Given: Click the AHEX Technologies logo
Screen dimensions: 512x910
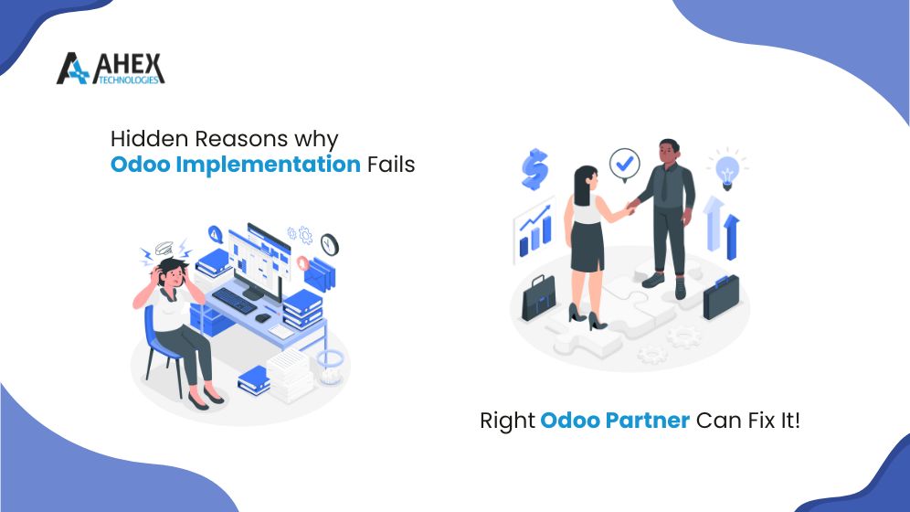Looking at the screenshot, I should coord(110,69).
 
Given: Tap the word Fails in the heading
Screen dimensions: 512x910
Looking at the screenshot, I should coord(390,165).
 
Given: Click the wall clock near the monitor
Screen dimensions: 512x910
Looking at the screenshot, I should coord(329,244).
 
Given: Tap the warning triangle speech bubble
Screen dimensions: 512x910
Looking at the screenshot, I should coord(217,234).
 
